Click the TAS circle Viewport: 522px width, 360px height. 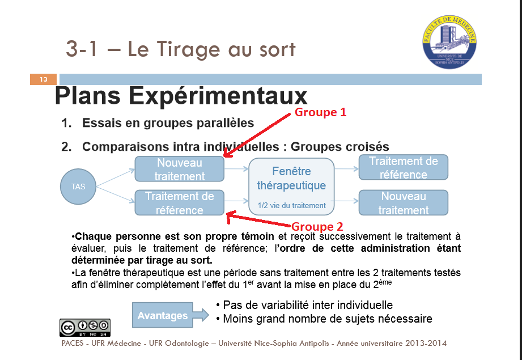pyautogui.click(x=78, y=186)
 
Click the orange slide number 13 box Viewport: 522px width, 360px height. pyautogui.click(x=43, y=79)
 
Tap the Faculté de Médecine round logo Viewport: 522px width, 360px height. pyautogui.click(x=449, y=42)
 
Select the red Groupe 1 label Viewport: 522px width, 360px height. pyautogui.click(x=320, y=112)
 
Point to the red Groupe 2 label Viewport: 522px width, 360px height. pyautogui.click(x=317, y=226)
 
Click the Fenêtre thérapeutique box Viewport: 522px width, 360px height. pyautogui.click(x=291, y=187)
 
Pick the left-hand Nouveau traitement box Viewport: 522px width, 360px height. pyautogui.click(x=180, y=169)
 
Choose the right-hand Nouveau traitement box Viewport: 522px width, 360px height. pyautogui.click(x=404, y=202)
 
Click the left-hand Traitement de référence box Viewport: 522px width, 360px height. pyautogui.click(x=180, y=202)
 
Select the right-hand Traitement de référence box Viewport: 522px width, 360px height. pyautogui.click(x=404, y=167)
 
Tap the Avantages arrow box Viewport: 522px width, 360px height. pyautogui.click(x=170, y=315)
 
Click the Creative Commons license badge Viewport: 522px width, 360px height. pyautogui.click(x=85, y=328)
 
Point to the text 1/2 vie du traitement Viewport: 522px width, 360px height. pyautogui.click(x=292, y=205)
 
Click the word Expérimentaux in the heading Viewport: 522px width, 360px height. pyautogui.click(x=218, y=96)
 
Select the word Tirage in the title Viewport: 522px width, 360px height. pyautogui.click(x=188, y=50)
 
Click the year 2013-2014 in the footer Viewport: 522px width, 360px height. pyautogui.click(x=426, y=343)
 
